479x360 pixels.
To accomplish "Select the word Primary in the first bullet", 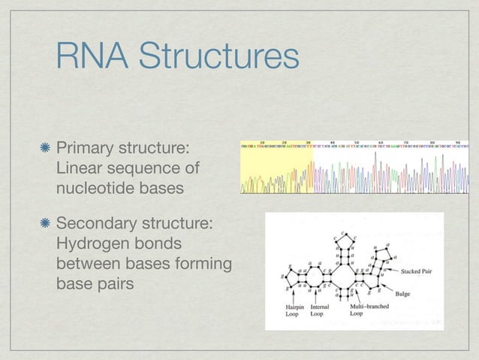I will (x=86, y=144).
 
